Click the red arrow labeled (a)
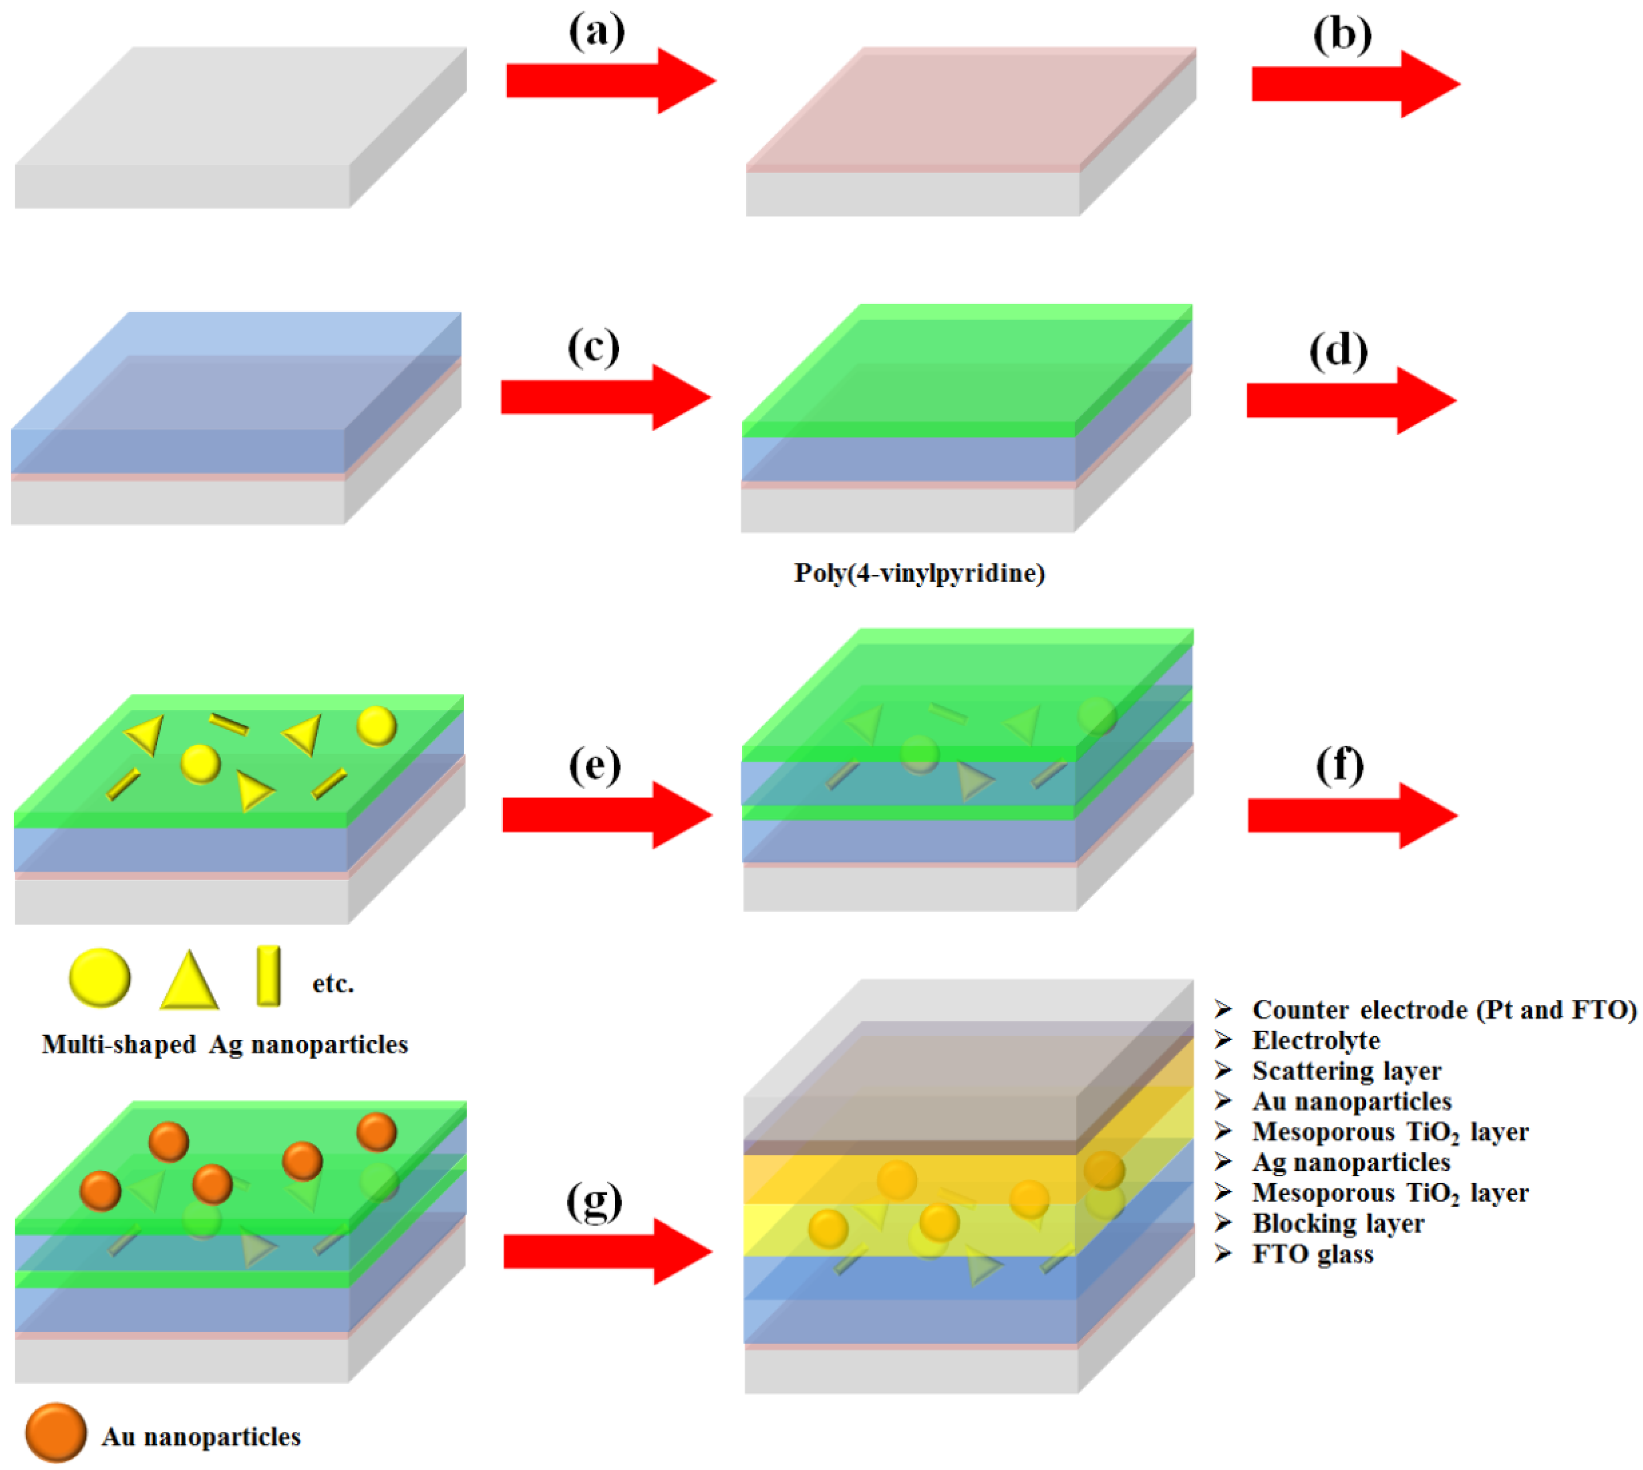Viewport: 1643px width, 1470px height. [610, 81]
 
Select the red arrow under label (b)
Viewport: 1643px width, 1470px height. [1355, 84]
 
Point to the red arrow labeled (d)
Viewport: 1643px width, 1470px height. [1350, 401]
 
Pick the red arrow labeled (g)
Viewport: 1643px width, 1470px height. [607, 1251]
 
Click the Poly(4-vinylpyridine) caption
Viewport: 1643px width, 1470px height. [919, 574]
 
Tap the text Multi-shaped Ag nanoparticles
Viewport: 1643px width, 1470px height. [224, 1044]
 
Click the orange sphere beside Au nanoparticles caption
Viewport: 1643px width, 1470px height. [56, 1432]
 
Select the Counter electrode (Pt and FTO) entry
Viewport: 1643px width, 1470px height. [1444, 1010]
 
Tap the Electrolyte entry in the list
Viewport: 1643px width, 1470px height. [1316, 1040]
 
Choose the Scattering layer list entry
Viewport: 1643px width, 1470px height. [1346, 1071]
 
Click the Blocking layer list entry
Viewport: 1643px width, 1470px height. [1338, 1224]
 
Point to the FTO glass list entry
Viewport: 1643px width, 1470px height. [1313, 1254]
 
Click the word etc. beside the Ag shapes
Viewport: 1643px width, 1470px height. [333, 984]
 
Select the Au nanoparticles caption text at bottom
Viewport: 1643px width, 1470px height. [201, 1437]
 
